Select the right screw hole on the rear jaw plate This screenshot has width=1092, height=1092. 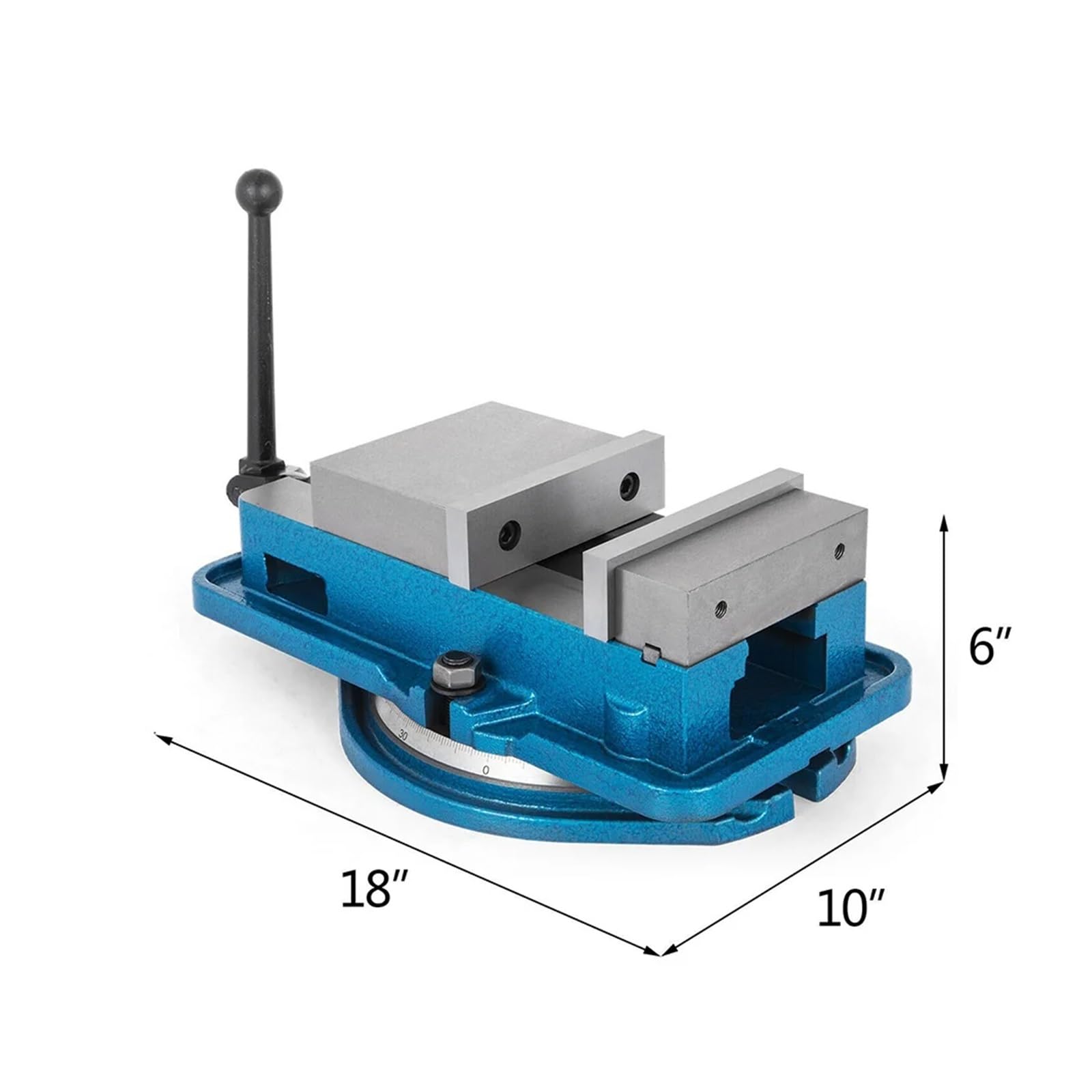(x=627, y=484)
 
